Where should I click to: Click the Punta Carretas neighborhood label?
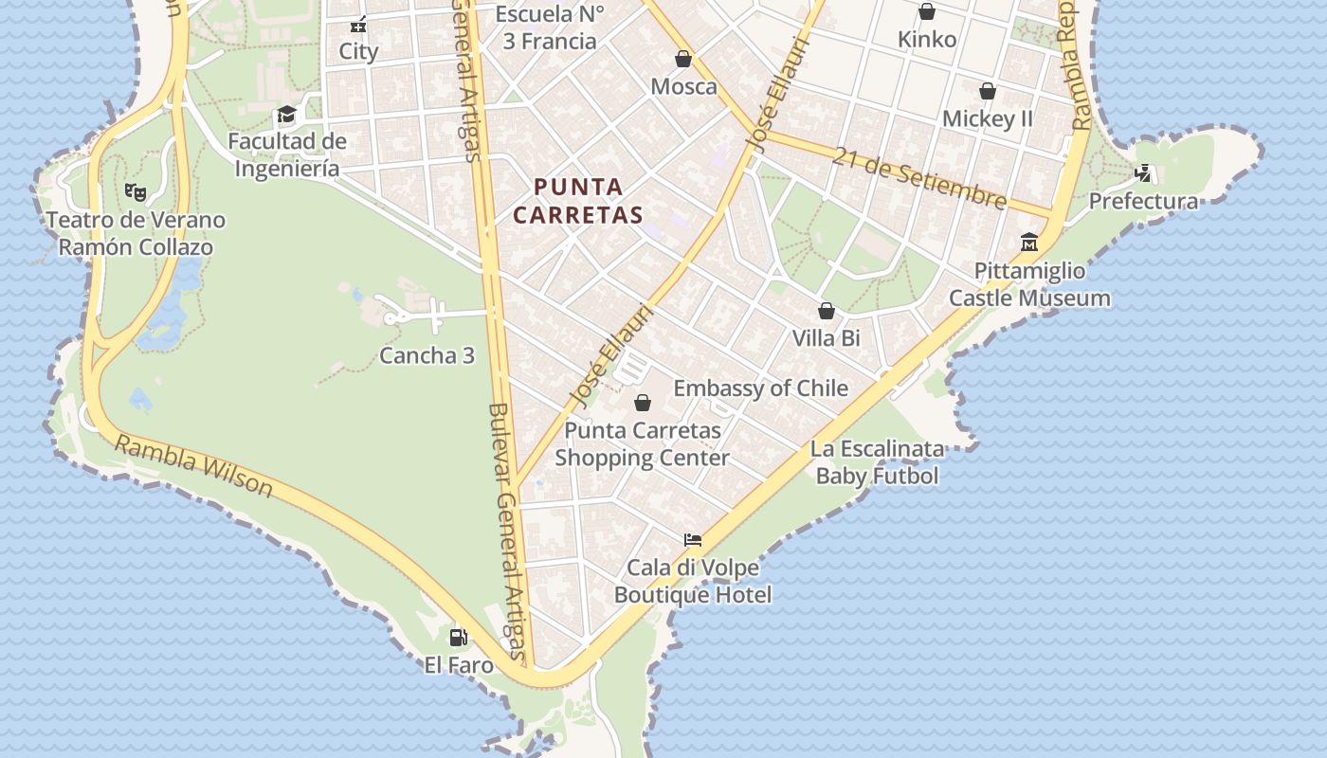tap(578, 201)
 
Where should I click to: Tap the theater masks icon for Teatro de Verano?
tap(136, 191)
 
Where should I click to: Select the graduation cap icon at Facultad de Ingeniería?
tap(286, 115)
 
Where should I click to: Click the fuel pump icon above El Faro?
tap(458, 637)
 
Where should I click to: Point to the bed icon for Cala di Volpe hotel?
tap(693, 540)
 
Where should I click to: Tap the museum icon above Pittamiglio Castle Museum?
tap(1029, 243)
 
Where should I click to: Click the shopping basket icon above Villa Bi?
tap(827, 311)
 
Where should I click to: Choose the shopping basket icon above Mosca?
tap(682, 59)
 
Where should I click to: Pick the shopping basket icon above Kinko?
tap(927, 11)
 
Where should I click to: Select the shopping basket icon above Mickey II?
tap(988, 91)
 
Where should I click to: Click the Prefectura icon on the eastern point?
tap(1144, 173)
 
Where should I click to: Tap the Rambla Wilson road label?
tap(194, 465)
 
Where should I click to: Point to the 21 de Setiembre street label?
tap(918, 177)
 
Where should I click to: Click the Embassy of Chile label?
tap(760, 388)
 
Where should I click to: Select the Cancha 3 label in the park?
tap(427, 355)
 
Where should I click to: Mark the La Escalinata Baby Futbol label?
tap(878, 462)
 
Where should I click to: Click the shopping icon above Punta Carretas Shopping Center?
tap(643, 403)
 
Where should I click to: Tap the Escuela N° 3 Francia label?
tap(547, 27)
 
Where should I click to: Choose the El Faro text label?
tap(459, 665)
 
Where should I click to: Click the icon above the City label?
tap(358, 25)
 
